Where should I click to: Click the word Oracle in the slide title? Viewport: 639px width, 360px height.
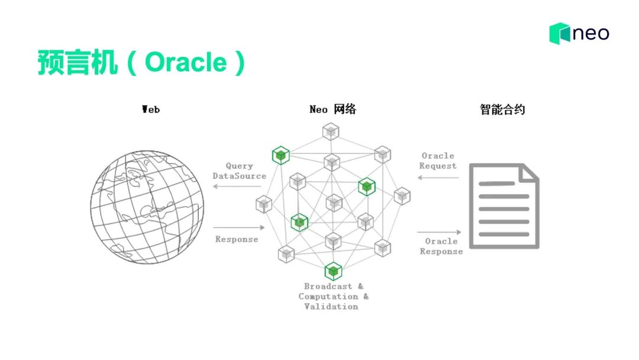tap(185, 63)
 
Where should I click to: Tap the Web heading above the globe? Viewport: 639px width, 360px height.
tap(151, 110)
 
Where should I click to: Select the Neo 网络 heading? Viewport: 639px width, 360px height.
tap(333, 110)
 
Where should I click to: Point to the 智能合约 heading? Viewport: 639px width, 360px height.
tap(502, 110)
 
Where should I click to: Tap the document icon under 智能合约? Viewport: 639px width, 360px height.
tap(504, 206)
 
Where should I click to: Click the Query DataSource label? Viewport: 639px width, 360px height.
tap(239, 171)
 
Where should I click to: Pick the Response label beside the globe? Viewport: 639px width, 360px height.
tap(237, 239)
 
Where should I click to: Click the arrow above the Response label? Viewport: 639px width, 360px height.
tap(238, 227)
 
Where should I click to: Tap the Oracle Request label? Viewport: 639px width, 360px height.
tap(438, 161)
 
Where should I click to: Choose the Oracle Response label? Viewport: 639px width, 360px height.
tap(441, 246)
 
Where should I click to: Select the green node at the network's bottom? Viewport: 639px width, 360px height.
tap(333, 271)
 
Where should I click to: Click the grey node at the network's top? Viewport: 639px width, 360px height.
tap(331, 131)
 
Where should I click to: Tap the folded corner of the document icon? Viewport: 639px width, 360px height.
tap(528, 172)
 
